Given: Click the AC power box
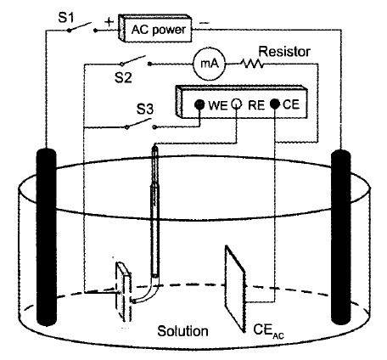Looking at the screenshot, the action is (154, 28).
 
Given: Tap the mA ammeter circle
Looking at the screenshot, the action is (210, 64).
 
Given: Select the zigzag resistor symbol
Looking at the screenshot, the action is (252, 64).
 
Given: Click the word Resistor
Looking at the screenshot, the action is (284, 52).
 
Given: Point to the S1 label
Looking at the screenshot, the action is (65, 19).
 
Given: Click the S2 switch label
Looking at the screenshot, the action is (123, 77).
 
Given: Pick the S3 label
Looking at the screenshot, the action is (145, 110).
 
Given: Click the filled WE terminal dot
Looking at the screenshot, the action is (199, 104).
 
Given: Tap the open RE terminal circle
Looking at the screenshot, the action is (237, 104).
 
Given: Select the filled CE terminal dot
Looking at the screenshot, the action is (275, 104).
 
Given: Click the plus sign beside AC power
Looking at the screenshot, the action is (109, 22).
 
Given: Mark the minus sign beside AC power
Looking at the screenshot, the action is (205, 23).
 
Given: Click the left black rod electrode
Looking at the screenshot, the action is (47, 237).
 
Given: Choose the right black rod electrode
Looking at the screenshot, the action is (341, 237).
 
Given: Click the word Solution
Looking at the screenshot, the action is (182, 331).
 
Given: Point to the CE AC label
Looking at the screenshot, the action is (268, 330).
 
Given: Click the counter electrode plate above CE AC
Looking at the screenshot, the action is (235, 288).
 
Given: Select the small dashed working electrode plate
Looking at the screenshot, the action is (124, 291).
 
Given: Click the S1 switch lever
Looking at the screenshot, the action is (80, 26).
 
